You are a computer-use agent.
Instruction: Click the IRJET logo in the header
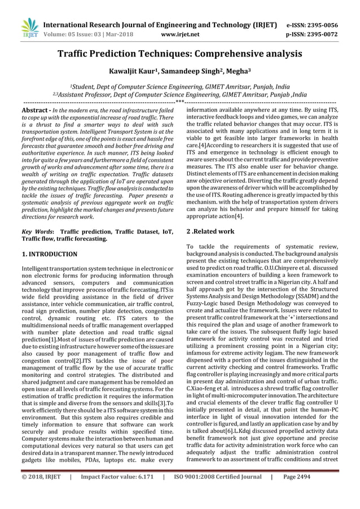pyautogui.click(x=28, y=29)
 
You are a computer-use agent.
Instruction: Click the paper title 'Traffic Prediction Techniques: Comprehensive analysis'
pyautogui.click(x=180, y=54)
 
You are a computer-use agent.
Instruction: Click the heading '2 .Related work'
pyautogui.click(x=210, y=231)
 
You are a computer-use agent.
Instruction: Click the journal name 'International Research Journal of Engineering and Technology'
pyautogui.click(x=160, y=25)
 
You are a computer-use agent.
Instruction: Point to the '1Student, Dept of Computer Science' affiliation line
pyautogui.click(x=180, y=87)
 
